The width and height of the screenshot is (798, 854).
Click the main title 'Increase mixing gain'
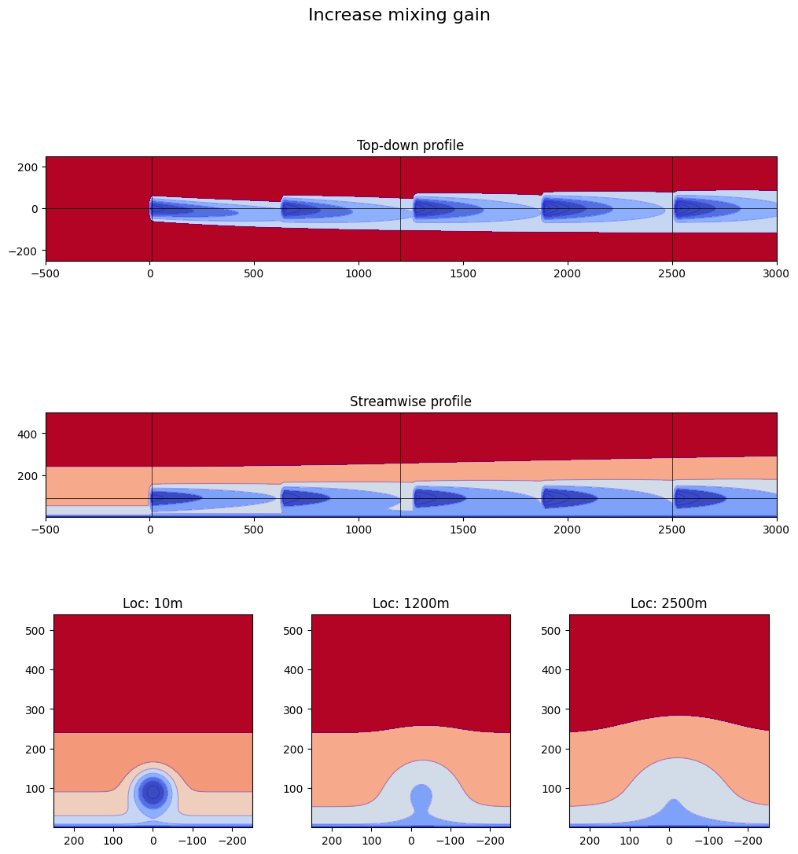(x=399, y=15)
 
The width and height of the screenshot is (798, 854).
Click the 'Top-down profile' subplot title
(x=410, y=145)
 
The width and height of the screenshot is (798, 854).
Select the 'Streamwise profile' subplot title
(x=410, y=401)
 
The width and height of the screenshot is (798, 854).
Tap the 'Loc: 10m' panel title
(x=153, y=603)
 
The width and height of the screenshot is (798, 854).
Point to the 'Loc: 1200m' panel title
(x=410, y=603)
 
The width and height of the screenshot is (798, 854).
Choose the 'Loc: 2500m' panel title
(x=668, y=603)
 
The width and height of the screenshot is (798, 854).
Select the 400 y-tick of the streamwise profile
(x=29, y=434)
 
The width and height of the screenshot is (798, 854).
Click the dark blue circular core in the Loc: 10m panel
(x=153, y=792)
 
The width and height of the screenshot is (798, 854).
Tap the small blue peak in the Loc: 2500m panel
(x=672, y=812)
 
